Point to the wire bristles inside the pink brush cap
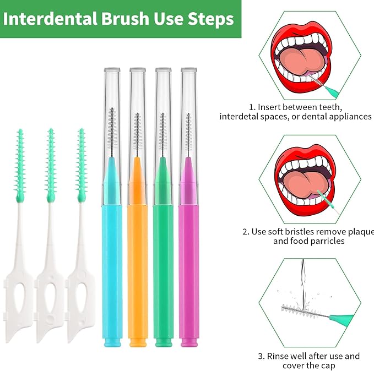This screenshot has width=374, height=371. [188, 132]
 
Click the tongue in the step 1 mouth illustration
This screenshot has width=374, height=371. [300, 61]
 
